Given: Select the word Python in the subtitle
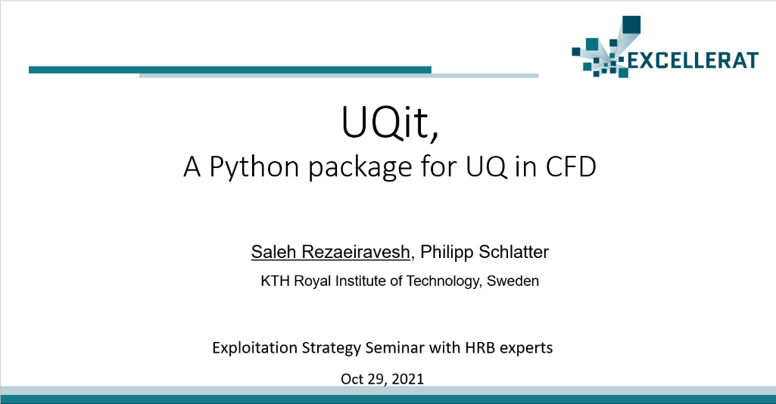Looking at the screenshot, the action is tap(254, 167).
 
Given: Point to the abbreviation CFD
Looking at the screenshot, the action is tap(571, 166).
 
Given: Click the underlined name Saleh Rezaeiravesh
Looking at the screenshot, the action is tap(331, 252).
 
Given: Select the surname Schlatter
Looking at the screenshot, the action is tap(514, 252).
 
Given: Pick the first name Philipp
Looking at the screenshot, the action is tap(447, 253).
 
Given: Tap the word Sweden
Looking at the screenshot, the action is tap(513, 281).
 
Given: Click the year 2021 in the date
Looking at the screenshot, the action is tap(408, 379).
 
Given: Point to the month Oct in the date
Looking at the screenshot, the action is tap(352, 379).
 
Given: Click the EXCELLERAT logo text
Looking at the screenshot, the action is tap(693, 61).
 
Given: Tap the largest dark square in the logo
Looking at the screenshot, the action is tap(631, 25).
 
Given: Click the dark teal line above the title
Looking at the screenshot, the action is tap(230, 70).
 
